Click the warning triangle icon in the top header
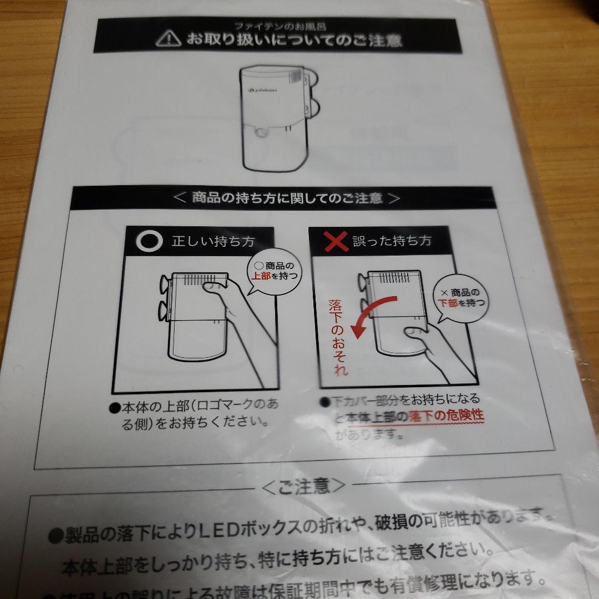pos(168,38)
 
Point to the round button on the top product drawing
pos(261,133)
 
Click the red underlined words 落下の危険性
pos(446,417)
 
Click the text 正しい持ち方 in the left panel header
pos(212,241)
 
